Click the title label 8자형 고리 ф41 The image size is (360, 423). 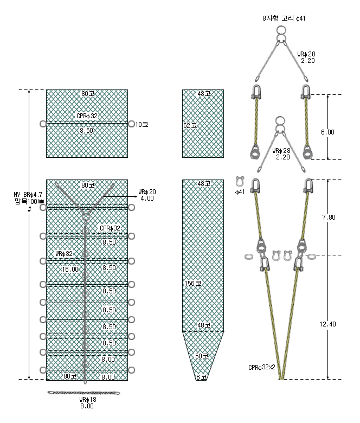(284, 18)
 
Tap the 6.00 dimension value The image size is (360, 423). (327, 132)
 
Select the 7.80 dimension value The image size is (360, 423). (329, 217)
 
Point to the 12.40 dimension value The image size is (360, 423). (328, 324)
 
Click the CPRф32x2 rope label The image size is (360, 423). (262, 368)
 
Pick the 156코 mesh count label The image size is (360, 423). (193, 284)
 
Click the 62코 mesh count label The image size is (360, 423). (190, 126)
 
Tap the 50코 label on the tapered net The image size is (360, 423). (202, 356)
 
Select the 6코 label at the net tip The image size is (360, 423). (202, 377)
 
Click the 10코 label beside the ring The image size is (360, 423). (142, 125)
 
